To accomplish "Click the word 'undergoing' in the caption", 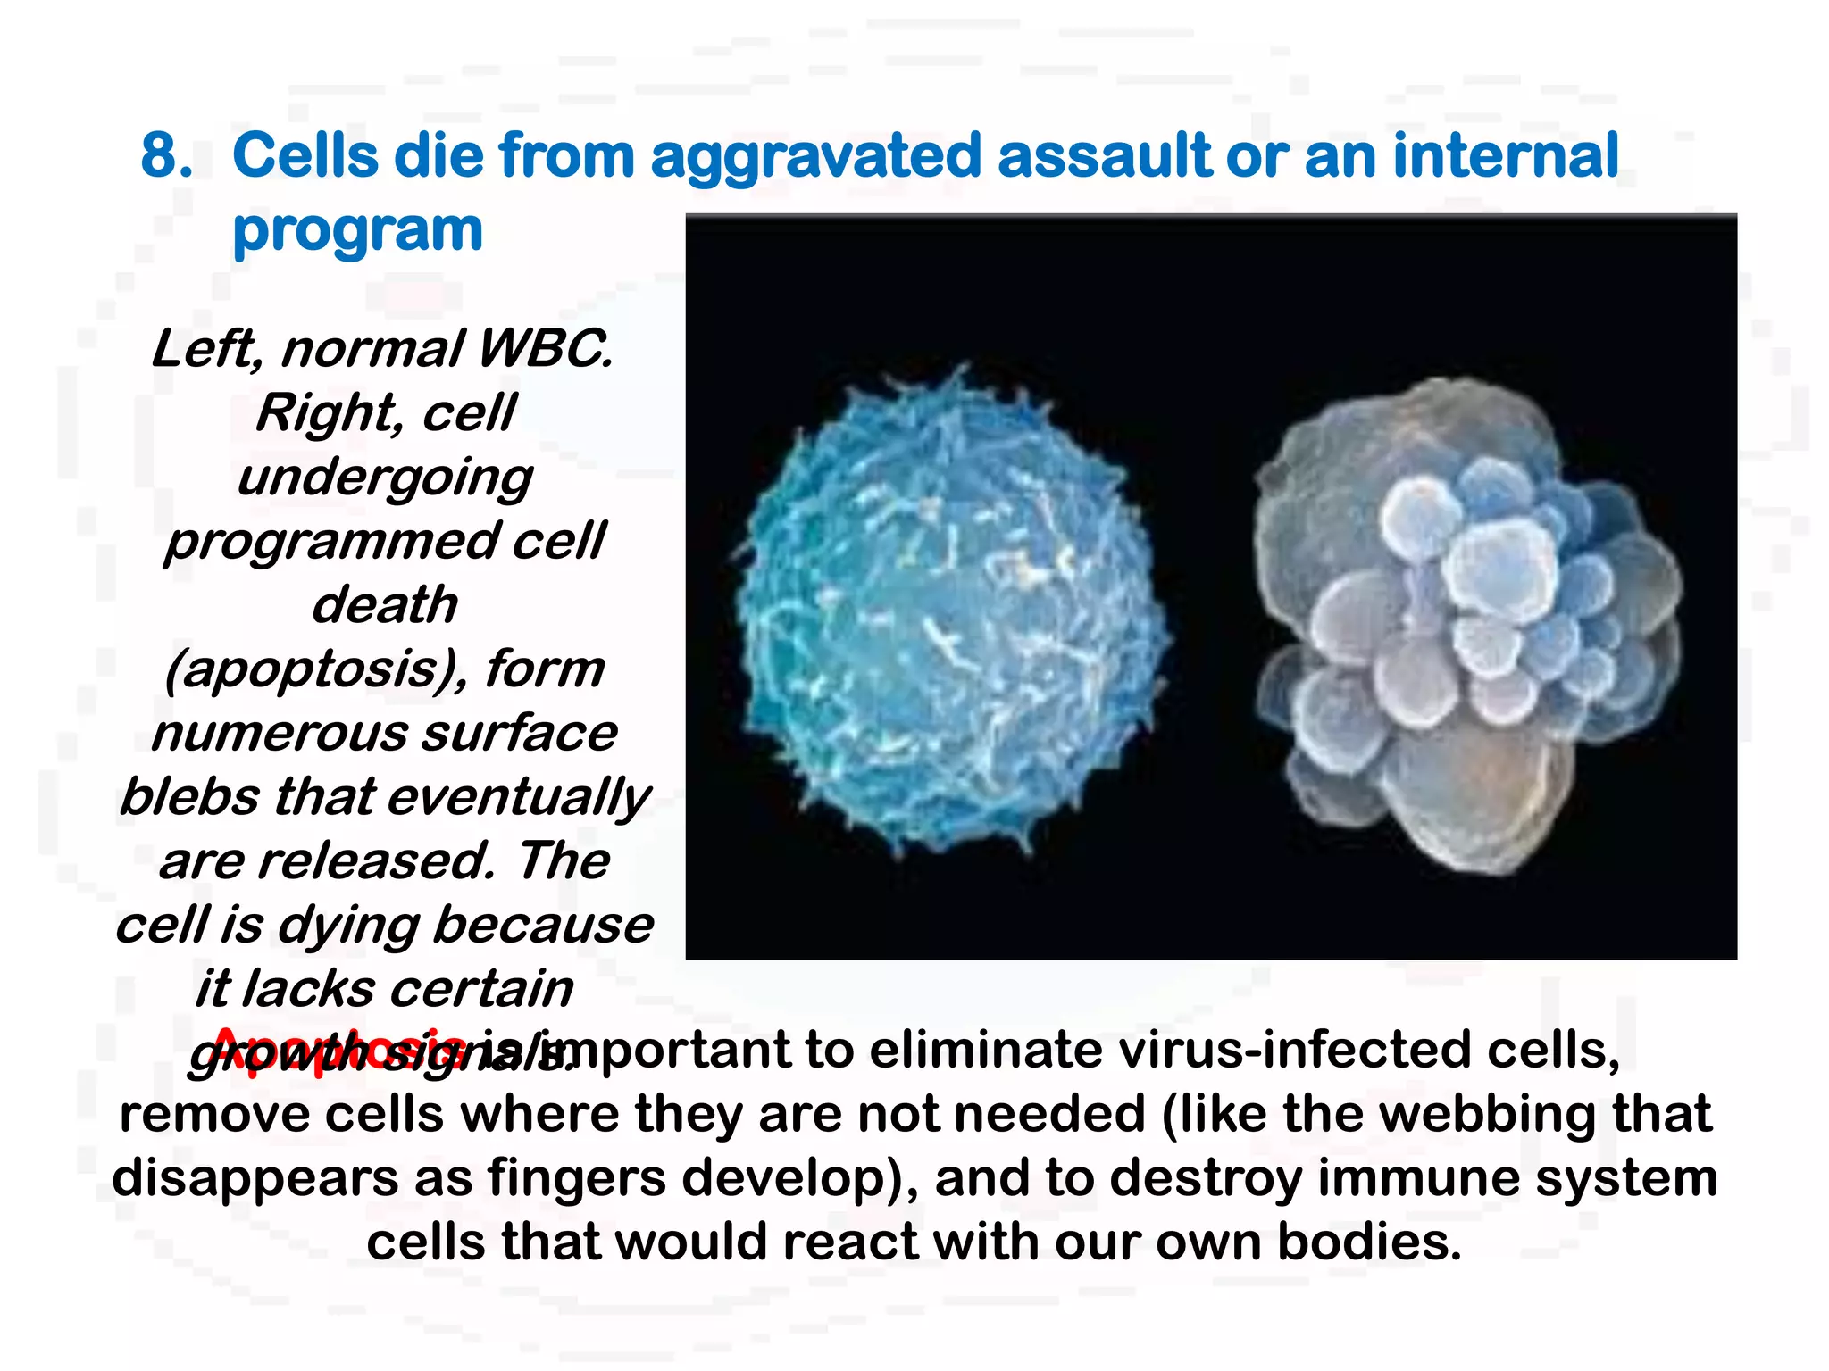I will (385, 478).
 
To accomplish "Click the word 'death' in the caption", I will (385, 605).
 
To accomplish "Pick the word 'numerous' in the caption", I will (277, 734).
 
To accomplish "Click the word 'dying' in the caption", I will (348, 926).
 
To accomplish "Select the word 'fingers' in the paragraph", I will (577, 1178).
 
